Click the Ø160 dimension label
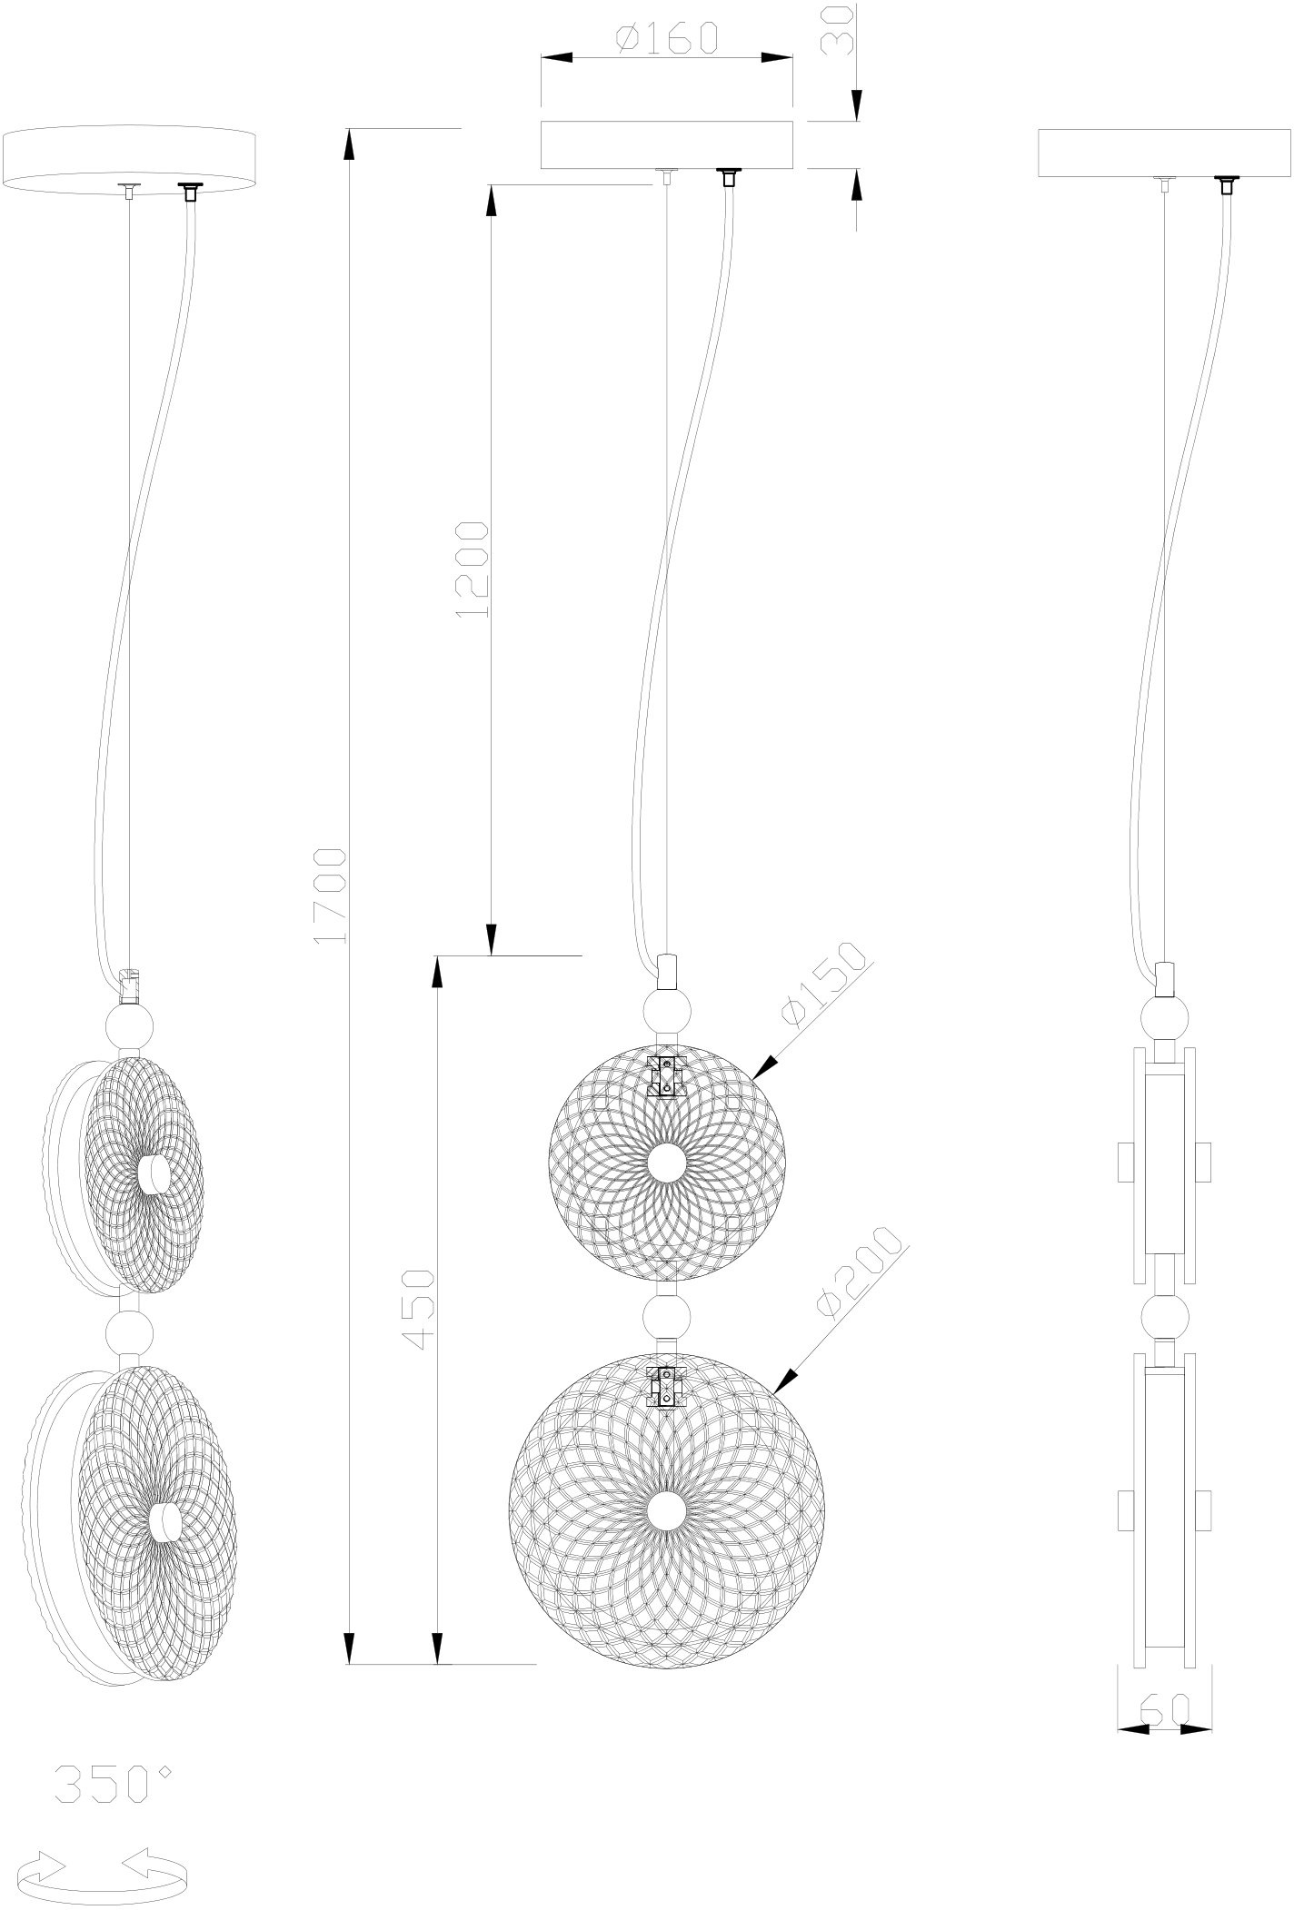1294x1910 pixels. (x=667, y=37)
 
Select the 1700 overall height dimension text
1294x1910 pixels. (x=328, y=896)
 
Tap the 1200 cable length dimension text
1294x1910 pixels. (x=473, y=569)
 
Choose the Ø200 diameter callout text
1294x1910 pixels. (x=861, y=1272)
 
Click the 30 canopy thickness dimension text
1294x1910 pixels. (x=838, y=32)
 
